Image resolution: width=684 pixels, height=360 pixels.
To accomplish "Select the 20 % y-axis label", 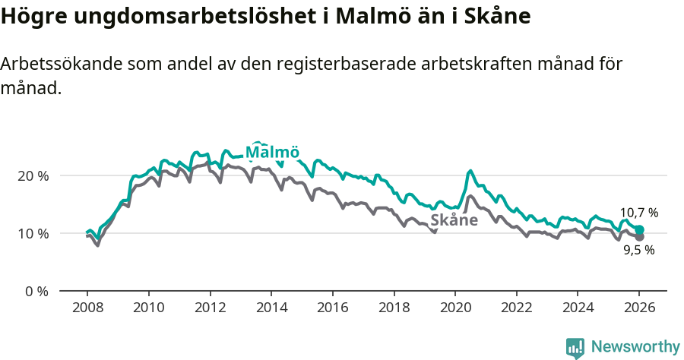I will [x=33, y=175].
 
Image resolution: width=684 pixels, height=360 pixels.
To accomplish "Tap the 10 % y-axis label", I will [x=33, y=233].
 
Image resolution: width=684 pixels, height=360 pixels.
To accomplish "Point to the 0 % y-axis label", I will [x=36, y=291].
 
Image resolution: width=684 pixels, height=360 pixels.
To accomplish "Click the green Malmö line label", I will [x=272, y=152].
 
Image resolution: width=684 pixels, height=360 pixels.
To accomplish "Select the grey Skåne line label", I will [x=454, y=220].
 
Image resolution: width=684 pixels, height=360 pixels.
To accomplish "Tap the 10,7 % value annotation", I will [x=638, y=213].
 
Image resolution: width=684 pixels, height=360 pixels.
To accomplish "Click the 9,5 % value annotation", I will [x=638, y=250].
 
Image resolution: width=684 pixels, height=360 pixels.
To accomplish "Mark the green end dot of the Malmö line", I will [x=639, y=229].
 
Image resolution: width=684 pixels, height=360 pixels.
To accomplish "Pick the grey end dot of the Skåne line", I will [x=639, y=237].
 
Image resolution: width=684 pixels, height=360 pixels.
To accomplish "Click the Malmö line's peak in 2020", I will [x=470, y=171].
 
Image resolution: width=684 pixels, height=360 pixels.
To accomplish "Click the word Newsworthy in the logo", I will [x=635, y=347].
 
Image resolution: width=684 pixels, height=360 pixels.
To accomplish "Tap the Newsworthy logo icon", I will [x=575, y=348].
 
